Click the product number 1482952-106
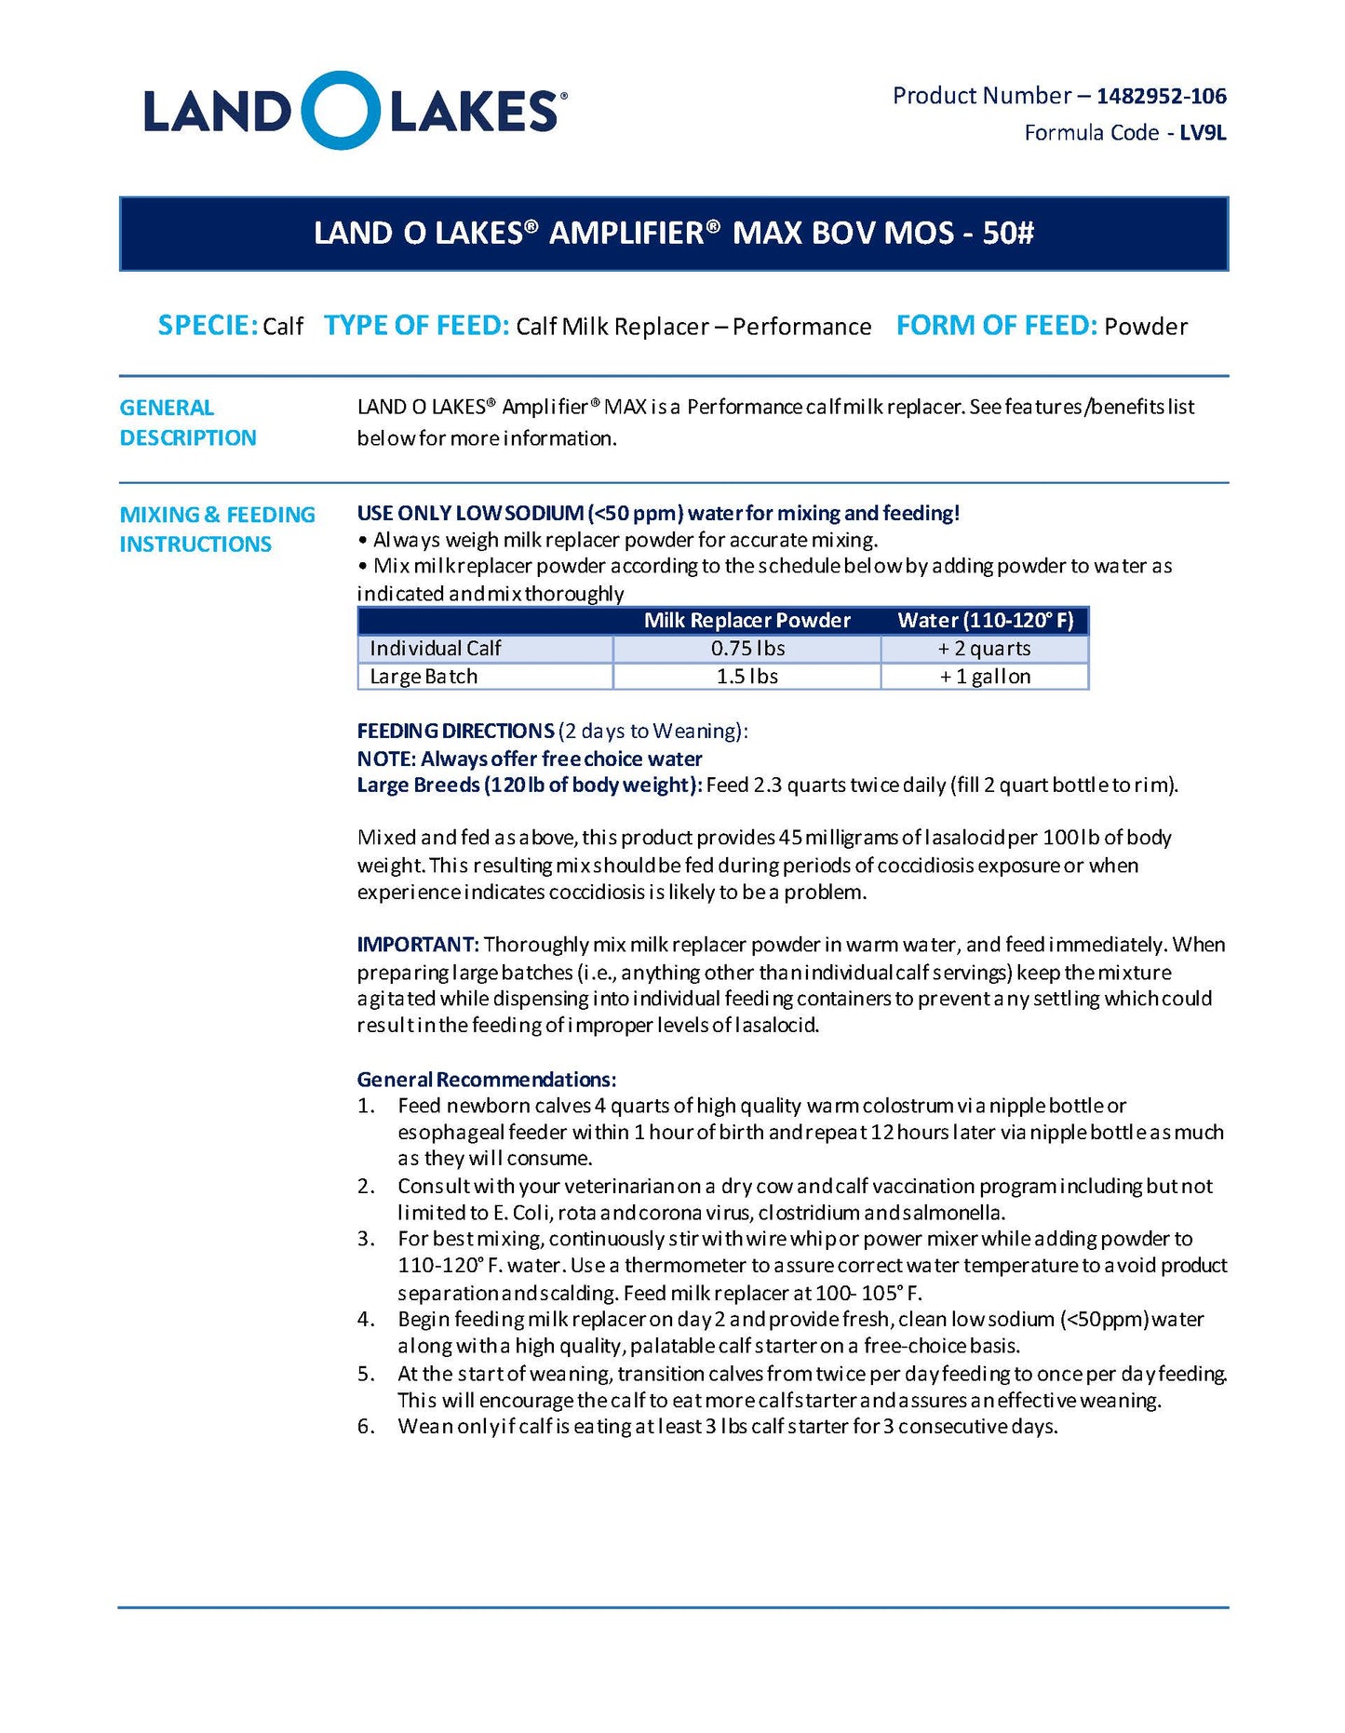click(x=1161, y=96)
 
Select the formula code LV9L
click(x=1203, y=133)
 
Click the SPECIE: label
click(x=207, y=326)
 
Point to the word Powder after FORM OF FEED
click(x=1146, y=327)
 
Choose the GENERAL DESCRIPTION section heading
click(x=188, y=423)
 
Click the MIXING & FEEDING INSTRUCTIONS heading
click(x=217, y=529)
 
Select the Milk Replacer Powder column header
click(x=746, y=621)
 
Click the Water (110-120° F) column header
click(x=985, y=621)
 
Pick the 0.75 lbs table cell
click(x=747, y=649)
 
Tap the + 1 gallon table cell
click(x=985, y=677)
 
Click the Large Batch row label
click(x=424, y=677)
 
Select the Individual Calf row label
click(x=435, y=649)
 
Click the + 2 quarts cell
click(x=985, y=649)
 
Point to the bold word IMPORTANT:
click(x=418, y=945)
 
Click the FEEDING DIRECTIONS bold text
click(x=455, y=731)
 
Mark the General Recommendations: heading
click(x=486, y=1080)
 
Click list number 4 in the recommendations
click(x=366, y=1320)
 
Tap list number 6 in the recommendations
click(x=366, y=1427)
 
